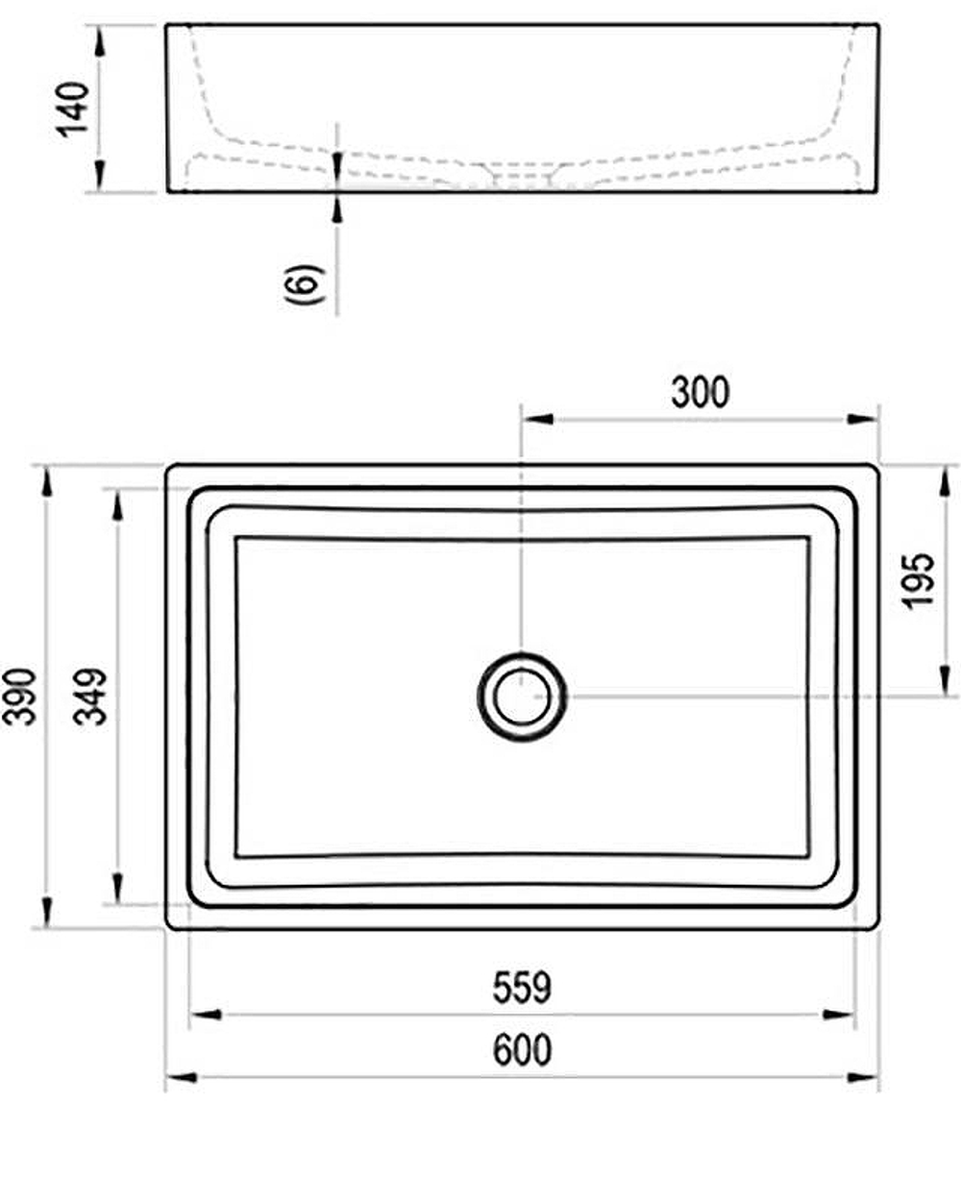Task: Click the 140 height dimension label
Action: click(74, 109)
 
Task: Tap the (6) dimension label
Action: click(306, 283)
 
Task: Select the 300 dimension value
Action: click(700, 392)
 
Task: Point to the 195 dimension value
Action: click(920, 578)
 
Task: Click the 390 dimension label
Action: click(22, 696)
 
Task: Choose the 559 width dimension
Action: click(522, 987)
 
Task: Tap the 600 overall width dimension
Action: click(522, 1049)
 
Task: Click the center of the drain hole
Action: click(522, 696)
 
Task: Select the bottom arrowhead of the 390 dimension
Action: click(45, 912)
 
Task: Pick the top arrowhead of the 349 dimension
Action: click(117, 504)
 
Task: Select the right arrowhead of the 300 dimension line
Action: click(864, 419)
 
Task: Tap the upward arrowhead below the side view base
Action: click(337, 206)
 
